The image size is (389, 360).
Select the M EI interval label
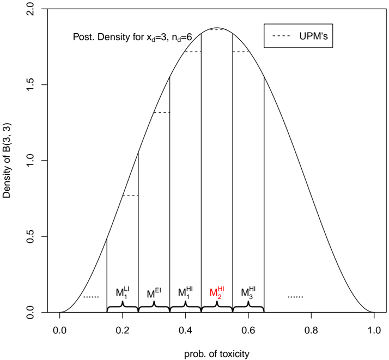point(154,293)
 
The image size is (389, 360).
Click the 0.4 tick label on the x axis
point(185,330)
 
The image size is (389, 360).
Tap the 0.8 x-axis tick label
point(311,330)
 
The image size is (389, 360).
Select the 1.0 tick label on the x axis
point(374,330)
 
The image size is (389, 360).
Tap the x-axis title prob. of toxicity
point(217,353)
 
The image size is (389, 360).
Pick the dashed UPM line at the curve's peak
point(217,29)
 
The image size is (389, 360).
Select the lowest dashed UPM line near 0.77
point(130,196)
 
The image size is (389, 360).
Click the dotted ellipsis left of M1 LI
point(90,297)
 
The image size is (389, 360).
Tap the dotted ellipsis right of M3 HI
point(295,297)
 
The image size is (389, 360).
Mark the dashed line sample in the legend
point(282,37)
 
